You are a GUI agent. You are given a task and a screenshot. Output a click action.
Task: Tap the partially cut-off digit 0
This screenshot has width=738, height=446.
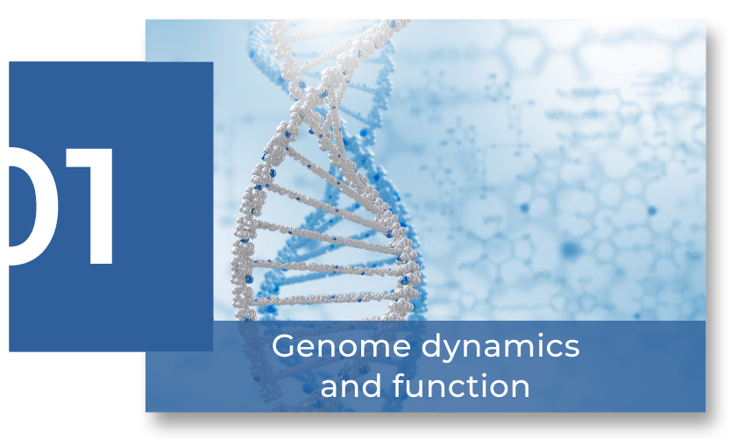point(33,206)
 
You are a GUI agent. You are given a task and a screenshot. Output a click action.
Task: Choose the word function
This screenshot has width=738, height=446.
point(461,386)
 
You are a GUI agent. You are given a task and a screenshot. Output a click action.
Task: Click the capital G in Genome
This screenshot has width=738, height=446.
point(284,346)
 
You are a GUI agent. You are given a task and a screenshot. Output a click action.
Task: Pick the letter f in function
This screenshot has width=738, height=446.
point(400,385)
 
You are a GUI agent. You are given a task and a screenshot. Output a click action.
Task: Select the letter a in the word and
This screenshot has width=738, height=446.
point(330,389)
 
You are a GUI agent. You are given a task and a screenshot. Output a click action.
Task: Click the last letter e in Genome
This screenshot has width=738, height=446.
point(401,349)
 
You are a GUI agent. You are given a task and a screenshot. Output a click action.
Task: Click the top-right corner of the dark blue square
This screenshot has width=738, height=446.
point(213,62)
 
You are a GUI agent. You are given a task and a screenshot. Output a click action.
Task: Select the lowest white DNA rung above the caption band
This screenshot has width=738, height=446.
point(325,298)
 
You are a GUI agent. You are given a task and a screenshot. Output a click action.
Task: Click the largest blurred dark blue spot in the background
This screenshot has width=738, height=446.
point(571,249)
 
